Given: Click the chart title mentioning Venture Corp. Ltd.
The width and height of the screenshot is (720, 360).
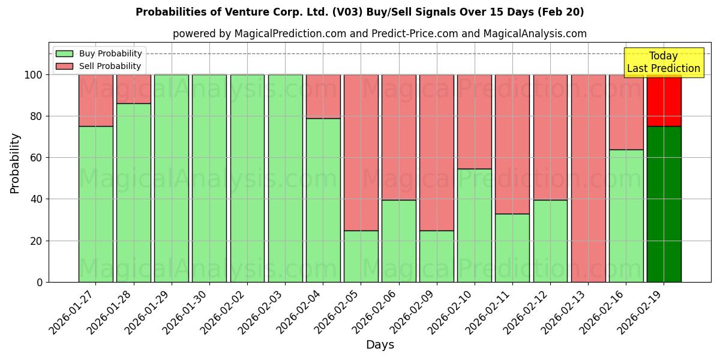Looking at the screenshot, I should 359,12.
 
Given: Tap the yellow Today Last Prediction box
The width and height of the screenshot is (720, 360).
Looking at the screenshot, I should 663,62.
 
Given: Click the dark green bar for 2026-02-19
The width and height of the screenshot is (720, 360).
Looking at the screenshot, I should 664,204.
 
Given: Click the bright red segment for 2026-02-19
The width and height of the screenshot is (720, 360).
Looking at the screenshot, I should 664,100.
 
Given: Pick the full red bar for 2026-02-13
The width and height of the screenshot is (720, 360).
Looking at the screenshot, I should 588,178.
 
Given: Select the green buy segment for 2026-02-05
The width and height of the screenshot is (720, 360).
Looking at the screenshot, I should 361,256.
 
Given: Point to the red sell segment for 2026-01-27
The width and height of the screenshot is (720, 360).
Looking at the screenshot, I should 95,100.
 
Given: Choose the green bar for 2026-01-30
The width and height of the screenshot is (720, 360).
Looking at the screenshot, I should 209,178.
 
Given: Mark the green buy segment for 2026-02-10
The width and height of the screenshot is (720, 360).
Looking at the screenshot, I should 474,225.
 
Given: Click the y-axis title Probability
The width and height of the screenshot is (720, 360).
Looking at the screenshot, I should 15,163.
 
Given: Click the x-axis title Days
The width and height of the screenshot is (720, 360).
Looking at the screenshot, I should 380,345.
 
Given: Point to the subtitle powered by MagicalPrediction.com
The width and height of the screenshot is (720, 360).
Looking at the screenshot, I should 379,34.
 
